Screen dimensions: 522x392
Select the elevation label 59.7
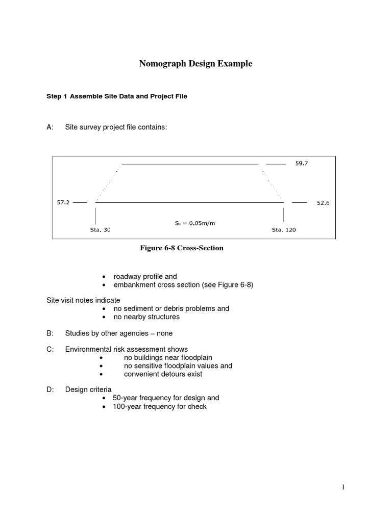tap(302, 164)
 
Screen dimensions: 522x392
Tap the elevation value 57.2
tap(63, 202)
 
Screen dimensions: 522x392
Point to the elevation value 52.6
tap(323, 203)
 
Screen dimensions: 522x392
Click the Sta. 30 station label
tap(96, 230)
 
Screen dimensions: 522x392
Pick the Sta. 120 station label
tap(283, 230)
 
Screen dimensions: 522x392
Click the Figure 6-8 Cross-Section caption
tap(182, 248)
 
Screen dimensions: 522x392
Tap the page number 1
tap(344, 487)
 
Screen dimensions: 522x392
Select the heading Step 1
tap(57, 96)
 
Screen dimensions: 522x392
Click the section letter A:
tap(50, 127)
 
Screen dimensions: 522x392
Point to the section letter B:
tap(50, 333)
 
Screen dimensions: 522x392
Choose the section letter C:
tap(50, 350)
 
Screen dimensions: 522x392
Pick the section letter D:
tap(50, 389)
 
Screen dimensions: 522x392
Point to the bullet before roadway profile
tap(104, 277)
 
